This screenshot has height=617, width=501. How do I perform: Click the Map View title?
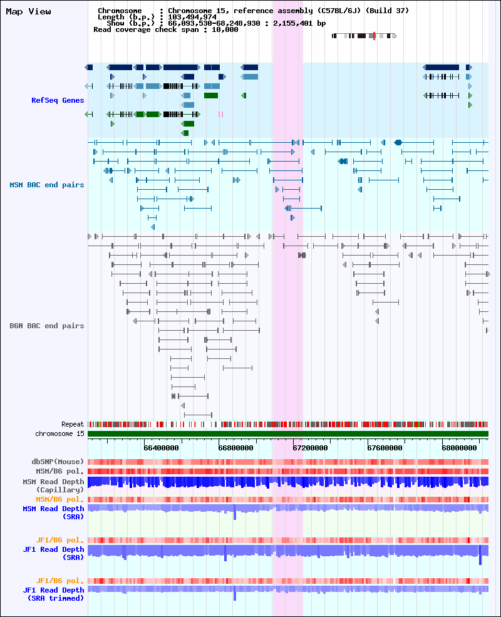click(x=28, y=12)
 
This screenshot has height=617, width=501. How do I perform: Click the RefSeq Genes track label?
click(x=58, y=100)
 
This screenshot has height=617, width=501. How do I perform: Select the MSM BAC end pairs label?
click(x=47, y=185)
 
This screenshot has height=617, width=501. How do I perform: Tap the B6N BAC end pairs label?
click(x=47, y=326)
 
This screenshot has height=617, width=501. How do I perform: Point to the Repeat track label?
click(x=73, y=424)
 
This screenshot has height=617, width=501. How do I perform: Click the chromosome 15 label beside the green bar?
click(x=59, y=433)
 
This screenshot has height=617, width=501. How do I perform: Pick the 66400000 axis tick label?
click(x=161, y=448)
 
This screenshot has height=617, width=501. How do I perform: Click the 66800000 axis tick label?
click(x=235, y=448)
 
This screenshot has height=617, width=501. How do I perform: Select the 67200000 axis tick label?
click(x=310, y=448)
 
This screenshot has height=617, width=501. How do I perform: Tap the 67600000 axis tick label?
click(x=385, y=448)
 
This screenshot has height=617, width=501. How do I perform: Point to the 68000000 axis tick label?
click(x=459, y=448)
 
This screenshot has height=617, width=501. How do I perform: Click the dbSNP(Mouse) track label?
click(x=58, y=462)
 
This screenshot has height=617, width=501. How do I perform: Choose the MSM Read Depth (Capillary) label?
click(x=53, y=485)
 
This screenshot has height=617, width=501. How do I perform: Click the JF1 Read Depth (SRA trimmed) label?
click(x=53, y=594)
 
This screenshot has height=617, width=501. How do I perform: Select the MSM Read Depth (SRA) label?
click(x=53, y=512)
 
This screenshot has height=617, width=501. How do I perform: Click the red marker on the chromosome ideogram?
click(x=374, y=36)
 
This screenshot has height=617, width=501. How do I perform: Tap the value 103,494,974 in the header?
click(x=192, y=17)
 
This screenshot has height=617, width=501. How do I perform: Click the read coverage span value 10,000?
click(x=225, y=29)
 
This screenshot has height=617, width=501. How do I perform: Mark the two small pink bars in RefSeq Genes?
click(x=220, y=114)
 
